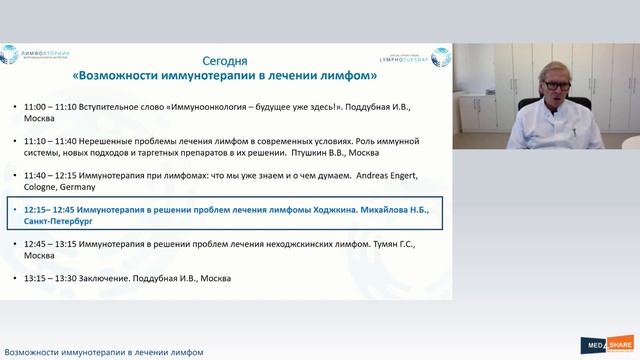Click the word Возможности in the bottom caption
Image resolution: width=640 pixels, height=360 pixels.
click(32, 352)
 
